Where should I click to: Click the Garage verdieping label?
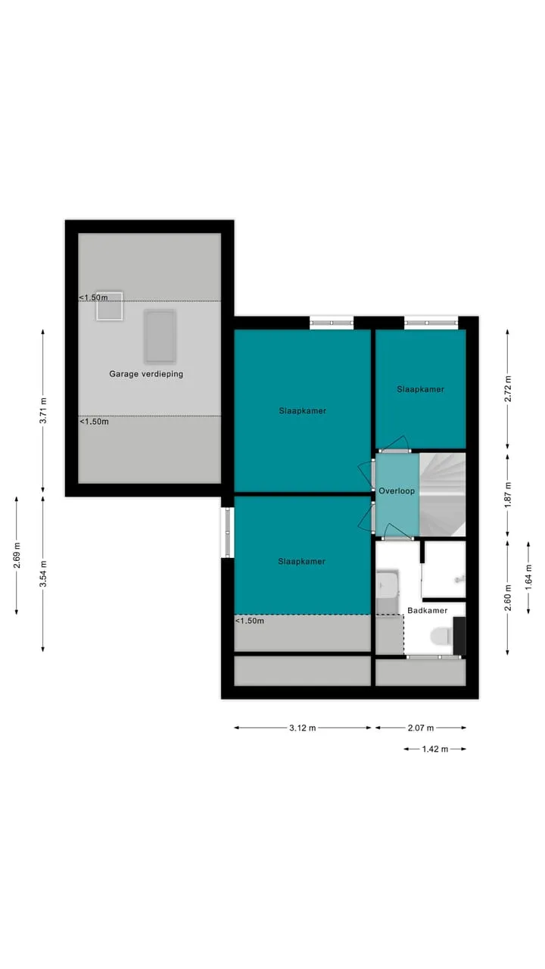[146, 374]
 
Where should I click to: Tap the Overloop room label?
[397, 491]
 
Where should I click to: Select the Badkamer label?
[428, 610]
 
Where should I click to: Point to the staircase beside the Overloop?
[443, 494]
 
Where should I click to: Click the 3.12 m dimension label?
[302, 728]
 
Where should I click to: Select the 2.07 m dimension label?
[420, 728]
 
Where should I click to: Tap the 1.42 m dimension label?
[435, 749]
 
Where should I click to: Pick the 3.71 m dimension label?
[43, 410]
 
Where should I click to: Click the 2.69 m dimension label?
[17, 555]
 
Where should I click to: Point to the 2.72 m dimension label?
[508, 389]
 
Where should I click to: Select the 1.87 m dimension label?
[508, 495]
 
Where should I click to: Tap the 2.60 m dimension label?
[508, 597]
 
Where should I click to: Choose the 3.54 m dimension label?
[43, 574]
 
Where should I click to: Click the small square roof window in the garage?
[110, 306]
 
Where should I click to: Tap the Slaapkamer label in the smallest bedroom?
[420, 389]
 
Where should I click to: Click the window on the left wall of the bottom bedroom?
[228, 532]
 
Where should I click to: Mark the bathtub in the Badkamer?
[387, 592]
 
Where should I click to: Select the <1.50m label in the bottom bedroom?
[250, 621]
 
